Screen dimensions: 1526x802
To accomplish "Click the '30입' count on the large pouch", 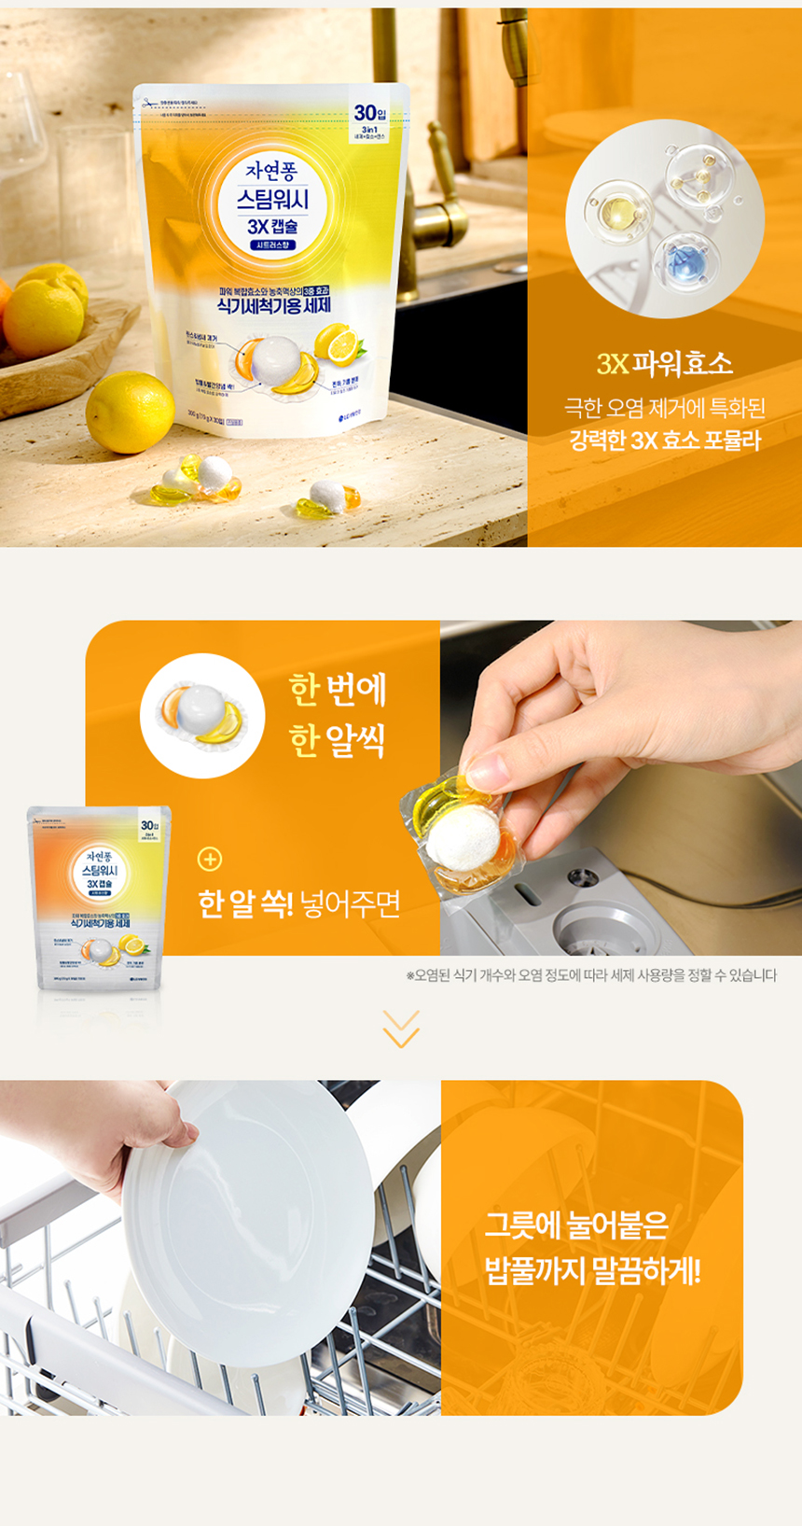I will tap(369, 113).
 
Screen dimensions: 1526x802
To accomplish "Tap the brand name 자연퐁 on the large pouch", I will tap(271, 171).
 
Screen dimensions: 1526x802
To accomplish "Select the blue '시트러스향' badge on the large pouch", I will tap(272, 245).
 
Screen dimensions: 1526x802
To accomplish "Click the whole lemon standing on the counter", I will tap(130, 412).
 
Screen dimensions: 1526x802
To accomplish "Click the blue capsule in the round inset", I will tap(685, 260).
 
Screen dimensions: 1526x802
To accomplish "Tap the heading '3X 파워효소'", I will tap(664, 363).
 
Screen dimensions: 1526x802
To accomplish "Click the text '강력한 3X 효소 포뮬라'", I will tap(664, 441).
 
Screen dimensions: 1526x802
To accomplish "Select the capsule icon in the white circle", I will tap(202, 716).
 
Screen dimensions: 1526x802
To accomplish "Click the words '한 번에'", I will tap(338, 689).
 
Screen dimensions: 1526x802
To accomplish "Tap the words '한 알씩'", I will tap(338, 740).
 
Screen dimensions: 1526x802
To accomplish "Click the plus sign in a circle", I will tap(210, 859).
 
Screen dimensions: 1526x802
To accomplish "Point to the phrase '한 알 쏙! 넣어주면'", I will tap(299, 903).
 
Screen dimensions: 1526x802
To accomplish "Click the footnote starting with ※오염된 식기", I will tap(590, 975).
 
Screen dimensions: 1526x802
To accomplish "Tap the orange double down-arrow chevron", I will tap(401, 1029).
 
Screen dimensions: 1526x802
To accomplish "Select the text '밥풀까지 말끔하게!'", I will tap(591, 1270).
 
